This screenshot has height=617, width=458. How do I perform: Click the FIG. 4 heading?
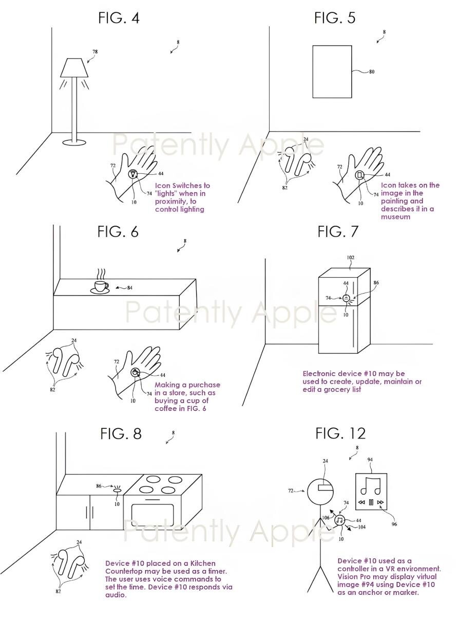tap(119, 18)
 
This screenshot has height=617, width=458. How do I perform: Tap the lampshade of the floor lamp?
tap(74, 67)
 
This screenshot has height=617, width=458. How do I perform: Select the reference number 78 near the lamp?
tap(95, 52)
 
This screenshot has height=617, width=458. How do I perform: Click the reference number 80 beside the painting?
tap(372, 72)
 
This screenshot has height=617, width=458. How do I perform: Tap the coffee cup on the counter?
tap(101, 287)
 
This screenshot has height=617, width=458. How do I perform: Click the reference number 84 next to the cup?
tap(130, 288)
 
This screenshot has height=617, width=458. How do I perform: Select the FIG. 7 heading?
tap(338, 231)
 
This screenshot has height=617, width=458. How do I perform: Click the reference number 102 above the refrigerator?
tap(351, 258)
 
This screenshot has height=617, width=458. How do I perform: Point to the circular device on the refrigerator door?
tap(346, 298)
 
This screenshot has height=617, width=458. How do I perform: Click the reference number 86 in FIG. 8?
tap(99, 486)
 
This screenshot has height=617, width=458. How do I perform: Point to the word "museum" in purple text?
tap(395, 216)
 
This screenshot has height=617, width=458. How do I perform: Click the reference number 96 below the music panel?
tap(394, 524)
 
